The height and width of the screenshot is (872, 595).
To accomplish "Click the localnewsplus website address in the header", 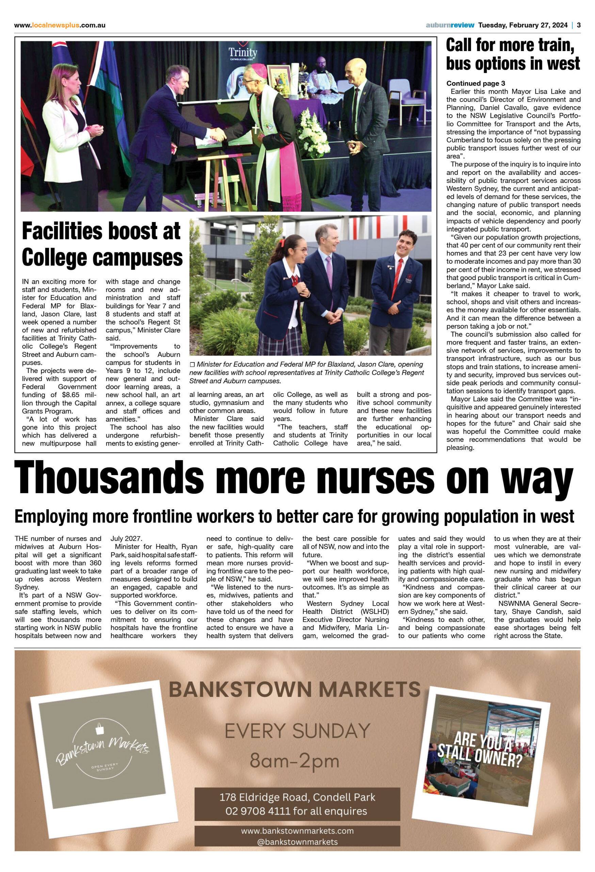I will (x=60, y=26).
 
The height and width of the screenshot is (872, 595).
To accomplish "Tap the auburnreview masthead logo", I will (x=450, y=25).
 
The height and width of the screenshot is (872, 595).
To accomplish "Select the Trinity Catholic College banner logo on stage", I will (x=243, y=54).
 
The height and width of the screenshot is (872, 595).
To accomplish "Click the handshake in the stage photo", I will (x=217, y=134).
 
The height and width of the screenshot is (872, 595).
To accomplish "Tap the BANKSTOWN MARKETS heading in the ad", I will (x=294, y=689).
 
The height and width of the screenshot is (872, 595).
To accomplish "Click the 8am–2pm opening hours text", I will (x=294, y=761).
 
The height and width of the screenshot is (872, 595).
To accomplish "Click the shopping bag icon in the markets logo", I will (x=100, y=728).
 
